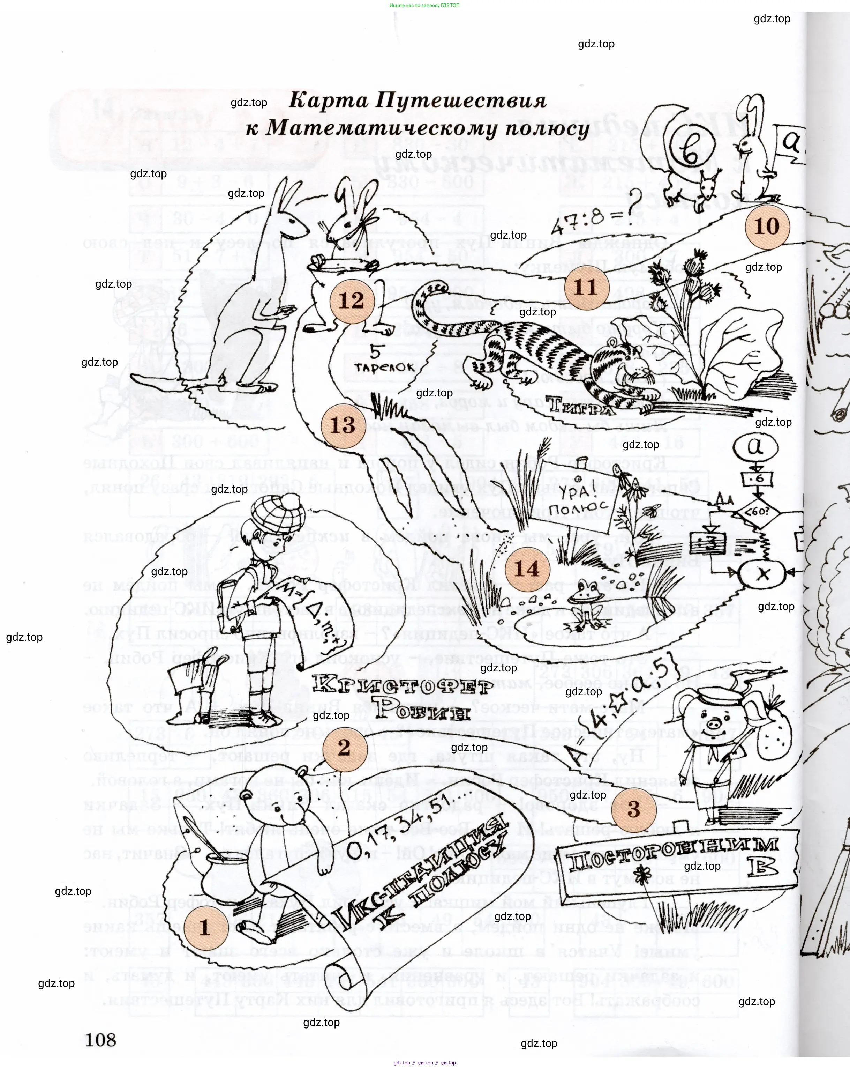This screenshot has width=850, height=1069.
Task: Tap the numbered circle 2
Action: (344, 748)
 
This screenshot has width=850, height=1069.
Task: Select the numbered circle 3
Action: (633, 809)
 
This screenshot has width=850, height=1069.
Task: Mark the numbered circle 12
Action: (351, 300)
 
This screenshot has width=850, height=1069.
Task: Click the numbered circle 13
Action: (343, 425)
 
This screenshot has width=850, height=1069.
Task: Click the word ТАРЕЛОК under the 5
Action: (384, 368)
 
